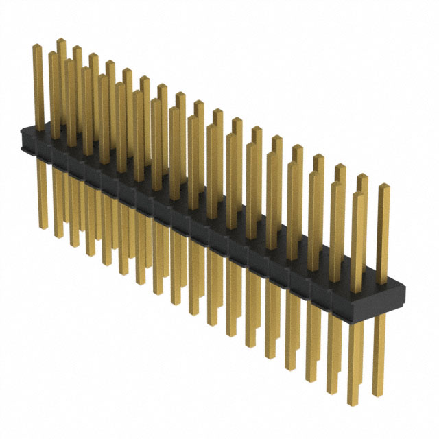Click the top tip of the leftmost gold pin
[x=38, y=47]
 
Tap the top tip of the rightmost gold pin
[x=383, y=187]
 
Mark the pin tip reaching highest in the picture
[x=60, y=41]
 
